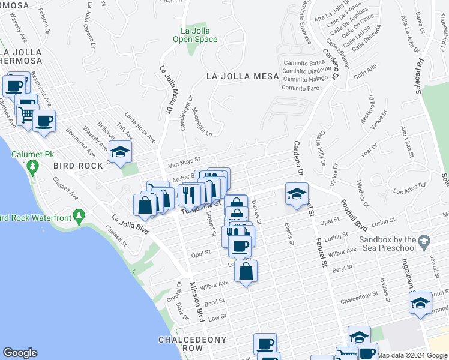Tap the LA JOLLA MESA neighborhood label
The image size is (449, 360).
click(243, 76)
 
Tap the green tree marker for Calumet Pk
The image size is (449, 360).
click(34, 167)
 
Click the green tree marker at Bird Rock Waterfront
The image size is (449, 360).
click(77, 215)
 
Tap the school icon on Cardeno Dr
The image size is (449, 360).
click(297, 194)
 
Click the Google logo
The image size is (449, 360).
click(20, 353)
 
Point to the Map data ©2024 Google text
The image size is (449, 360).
click(412, 355)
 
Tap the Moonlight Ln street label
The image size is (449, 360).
click(202, 122)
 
